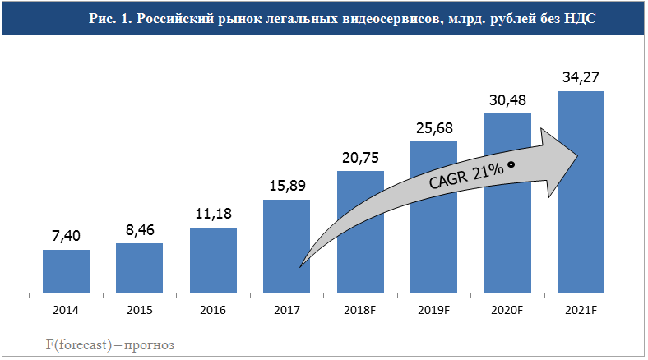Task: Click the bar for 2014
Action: (x=66, y=270)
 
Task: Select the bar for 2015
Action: (x=139, y=267)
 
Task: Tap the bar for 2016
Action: (x=213, y=260)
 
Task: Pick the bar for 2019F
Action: (x=433, y=216)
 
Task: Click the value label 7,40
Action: (x=66, y=237)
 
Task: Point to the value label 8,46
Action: (x=139, y=230)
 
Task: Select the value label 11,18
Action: (x=213, y=215)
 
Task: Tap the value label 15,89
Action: (x=286, y=187)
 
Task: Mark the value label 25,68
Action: (x=433, y=128)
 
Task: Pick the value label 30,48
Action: (x=507, y=100)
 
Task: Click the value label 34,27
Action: (x=581, y=77)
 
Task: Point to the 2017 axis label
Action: (x=286, y=310)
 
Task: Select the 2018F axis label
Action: (x=360, y=310)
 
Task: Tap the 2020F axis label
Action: (x=507, y=310)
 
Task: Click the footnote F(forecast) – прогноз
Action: (x=109, y=345)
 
